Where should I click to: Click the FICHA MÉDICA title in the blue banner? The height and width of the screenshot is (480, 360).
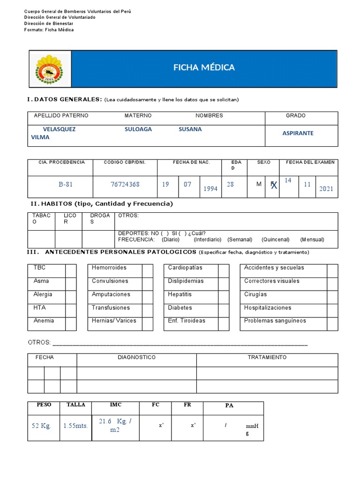[x=204, y=67]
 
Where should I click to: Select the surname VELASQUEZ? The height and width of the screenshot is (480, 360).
[x=59, y=129]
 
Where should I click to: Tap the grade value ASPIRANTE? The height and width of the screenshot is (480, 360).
[x=298, y=133]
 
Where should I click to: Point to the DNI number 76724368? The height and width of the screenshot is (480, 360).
[x=125, y=184]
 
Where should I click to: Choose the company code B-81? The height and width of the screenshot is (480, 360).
[x=66, y=184]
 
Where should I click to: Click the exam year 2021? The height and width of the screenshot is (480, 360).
[x=326, y=188]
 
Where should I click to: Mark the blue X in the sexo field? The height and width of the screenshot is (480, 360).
[x=274, y=186]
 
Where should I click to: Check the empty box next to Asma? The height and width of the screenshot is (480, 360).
[x=71, y=281]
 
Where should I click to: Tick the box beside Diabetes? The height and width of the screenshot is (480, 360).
[x=224, y=308]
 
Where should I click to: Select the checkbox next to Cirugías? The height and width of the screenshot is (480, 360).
[x=332, y=294]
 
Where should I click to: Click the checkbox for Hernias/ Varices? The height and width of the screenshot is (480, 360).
[x=147, y=321]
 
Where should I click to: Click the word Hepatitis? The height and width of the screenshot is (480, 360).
[x=180, y=294]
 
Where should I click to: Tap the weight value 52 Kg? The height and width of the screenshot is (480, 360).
[x=41, y=426]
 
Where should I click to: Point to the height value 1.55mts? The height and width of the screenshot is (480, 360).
[x=75, y=426]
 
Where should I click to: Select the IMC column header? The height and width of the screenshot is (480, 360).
[x=115, y=404]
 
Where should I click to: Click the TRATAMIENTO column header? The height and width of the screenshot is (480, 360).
[x=267, y=357]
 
